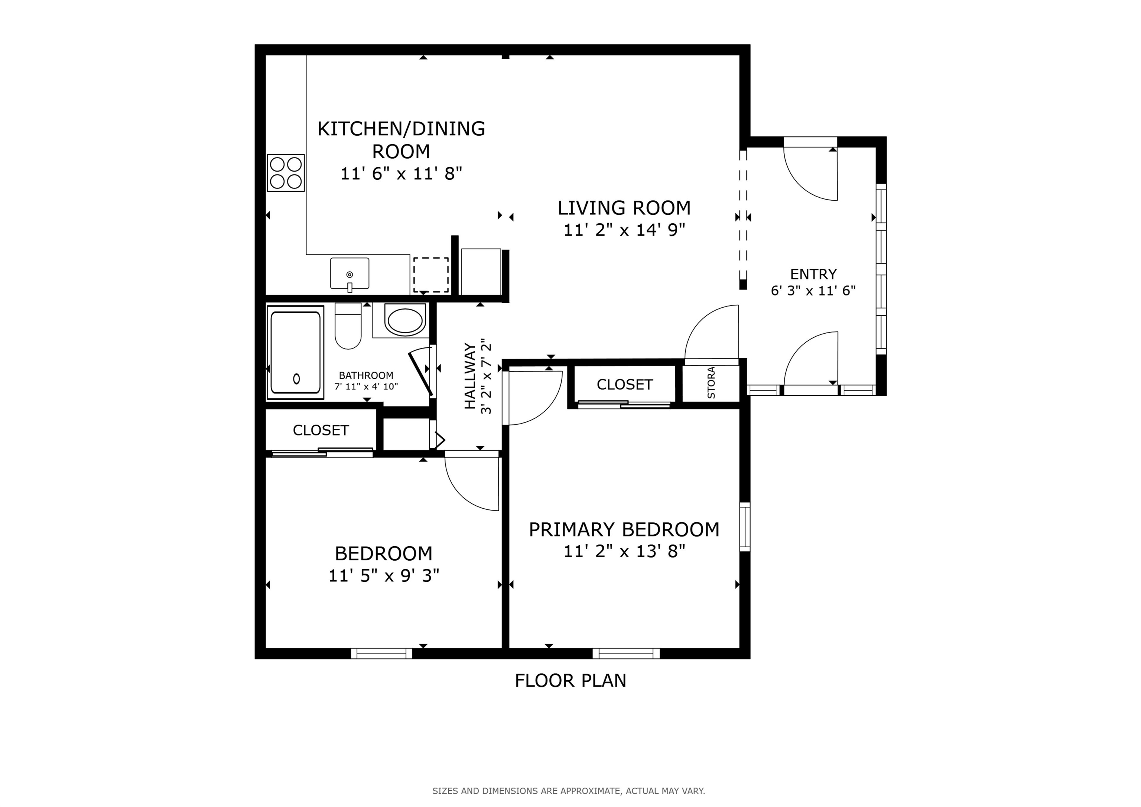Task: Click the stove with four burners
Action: [x=286, y=173]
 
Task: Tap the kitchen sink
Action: [x=350, y=273]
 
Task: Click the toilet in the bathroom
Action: [x=348, y=326]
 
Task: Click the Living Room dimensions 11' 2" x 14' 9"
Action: [x=624, y=230]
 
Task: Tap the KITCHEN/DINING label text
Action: [x=401, y=129]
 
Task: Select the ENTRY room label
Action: [x=813, y=274]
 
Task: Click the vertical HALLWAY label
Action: [x=469, y=376]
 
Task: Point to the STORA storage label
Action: [x=711, y=383]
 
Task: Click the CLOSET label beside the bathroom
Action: [x=321, y=430]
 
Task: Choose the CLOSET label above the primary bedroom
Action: [x=625, y=384]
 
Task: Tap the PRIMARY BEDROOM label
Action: [x=624, y=529]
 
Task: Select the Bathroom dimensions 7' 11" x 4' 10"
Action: [x=366, y=386]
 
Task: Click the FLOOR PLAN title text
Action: [x=570, y=680]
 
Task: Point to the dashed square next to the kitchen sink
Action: [x=431, y=275]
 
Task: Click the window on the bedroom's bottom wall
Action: [x=382, y=653]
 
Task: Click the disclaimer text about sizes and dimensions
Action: [x=569, y=791]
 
